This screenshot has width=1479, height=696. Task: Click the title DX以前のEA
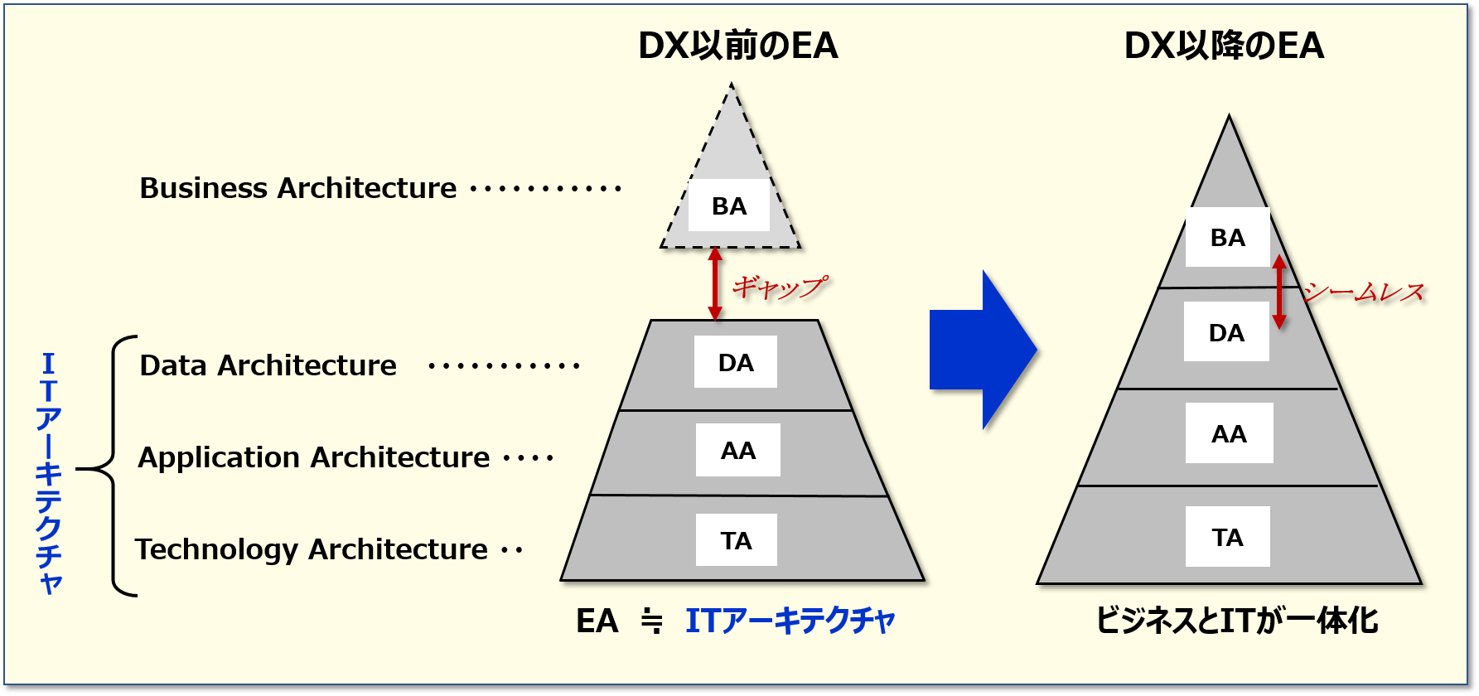tap(737, 46)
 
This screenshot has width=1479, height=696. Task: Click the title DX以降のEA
tap(1224, 46)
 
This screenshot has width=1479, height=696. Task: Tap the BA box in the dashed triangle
tap(729, 205)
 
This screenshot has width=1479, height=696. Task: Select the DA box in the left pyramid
tap(736, 362)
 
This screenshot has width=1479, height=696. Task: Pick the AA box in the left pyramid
tap(737, 450)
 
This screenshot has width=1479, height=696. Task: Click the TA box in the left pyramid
tap(736, 540)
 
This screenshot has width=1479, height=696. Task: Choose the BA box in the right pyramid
tap(1227, 238)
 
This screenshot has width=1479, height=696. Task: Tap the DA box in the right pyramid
tap(1226, 332)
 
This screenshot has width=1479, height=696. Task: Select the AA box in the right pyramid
tap(1229, 433)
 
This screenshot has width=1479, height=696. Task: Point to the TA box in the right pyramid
tap(1227, 537)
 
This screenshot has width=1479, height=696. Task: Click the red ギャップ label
tap(780, 288)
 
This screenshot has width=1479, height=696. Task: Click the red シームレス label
tap(1364, 292)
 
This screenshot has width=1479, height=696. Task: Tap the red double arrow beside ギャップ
tap(715, 284)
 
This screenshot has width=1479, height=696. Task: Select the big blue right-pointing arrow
tap(983, 350)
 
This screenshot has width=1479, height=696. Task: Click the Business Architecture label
tap(297, 188)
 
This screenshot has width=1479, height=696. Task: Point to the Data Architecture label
tap(268, 365)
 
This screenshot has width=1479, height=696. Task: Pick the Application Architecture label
tap(313, 457)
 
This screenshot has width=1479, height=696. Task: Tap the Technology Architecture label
tap(311, 549)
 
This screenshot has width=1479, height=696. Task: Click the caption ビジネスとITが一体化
tap(1236, 620)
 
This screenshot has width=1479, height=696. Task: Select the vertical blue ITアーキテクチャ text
tap(49, 472)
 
